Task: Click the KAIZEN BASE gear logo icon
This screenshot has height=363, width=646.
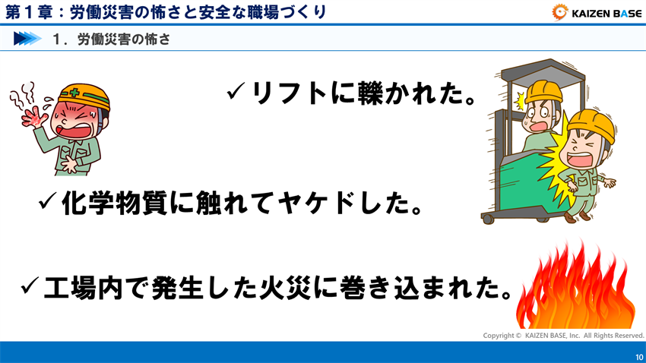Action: click(561, 11)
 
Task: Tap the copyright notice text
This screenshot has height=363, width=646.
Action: click(563, 335)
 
